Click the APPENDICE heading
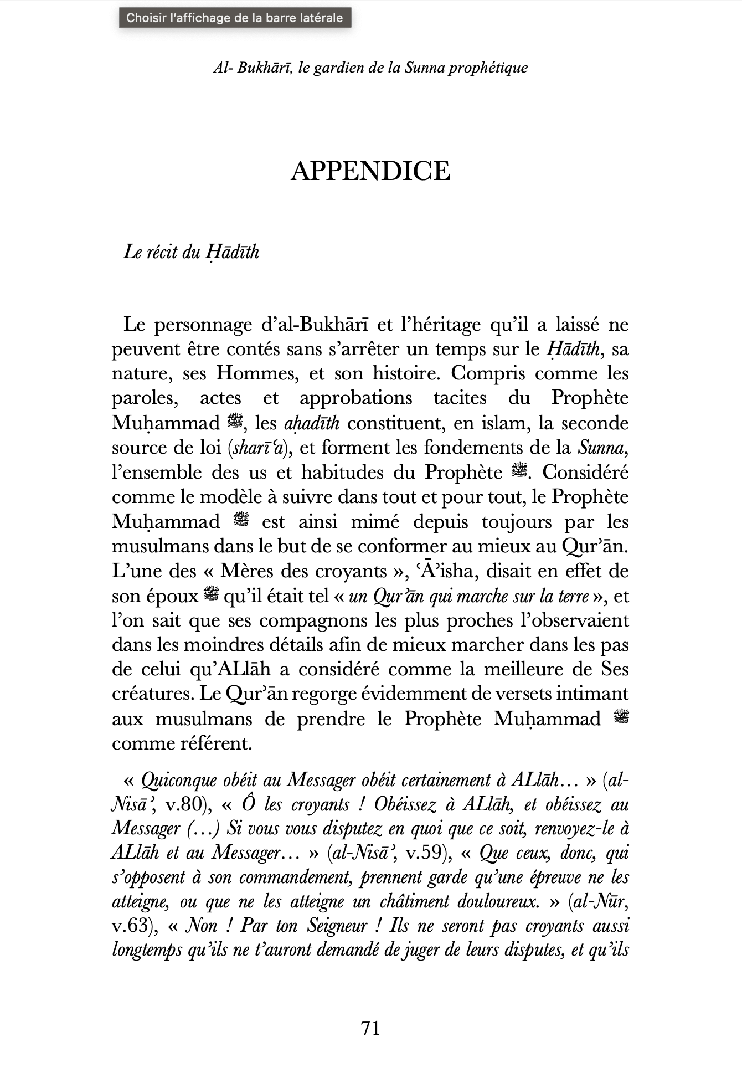pos(370,171)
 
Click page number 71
pos(370,1028)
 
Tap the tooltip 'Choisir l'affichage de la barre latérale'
pos(235,18)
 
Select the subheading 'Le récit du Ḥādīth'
pos(191,252)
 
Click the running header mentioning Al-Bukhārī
pos(370,68)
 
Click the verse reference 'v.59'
pos(426,853)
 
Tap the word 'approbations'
pos(355,398)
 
